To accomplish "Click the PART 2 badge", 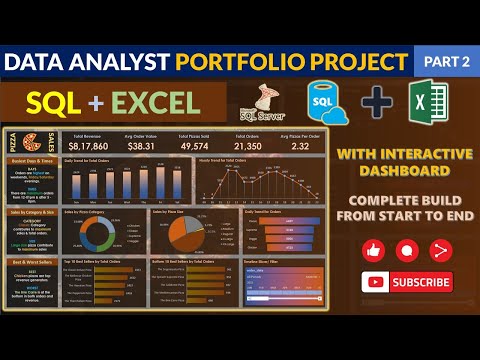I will tap(445, 62).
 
